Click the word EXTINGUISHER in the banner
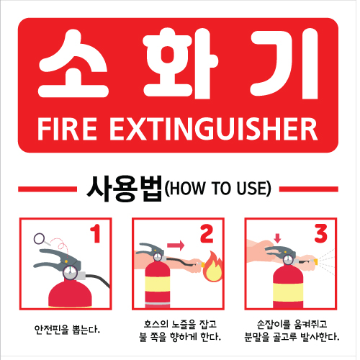click(214, 130)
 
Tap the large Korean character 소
click(73, 63)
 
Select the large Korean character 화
click(181, 63)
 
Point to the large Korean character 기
click(284, 63)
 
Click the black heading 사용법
click(125, 189)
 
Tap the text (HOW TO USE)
click(218, 189)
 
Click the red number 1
click(96, 233)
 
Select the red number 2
click(207, 233)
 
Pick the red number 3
click(321, 233)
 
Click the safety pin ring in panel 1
click(39, 238)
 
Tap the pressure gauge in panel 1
click(70, 272)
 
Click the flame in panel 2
click(212, 267)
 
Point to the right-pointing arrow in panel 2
click(176, 246)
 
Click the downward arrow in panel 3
click(277, 238)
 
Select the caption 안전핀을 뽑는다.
click(67, 330)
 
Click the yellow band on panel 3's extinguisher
click(288, 293)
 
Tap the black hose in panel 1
click(99, 279)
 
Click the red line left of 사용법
click(48, 189)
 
